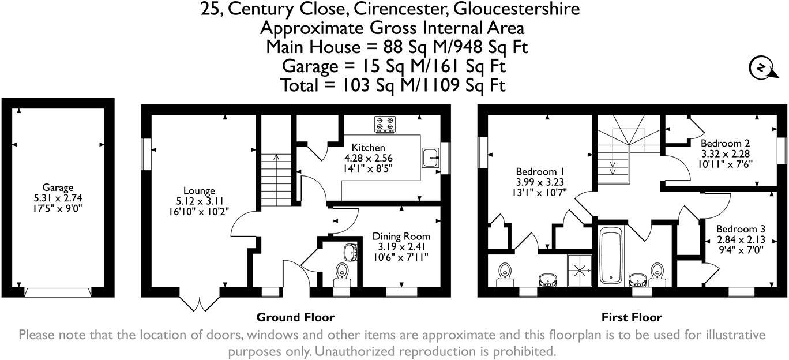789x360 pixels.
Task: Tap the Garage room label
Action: (58, 187)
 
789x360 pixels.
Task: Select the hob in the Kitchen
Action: (385, 124)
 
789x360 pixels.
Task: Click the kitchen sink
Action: (430, 157)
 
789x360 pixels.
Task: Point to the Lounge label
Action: (199, 191)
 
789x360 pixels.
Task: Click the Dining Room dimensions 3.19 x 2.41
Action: (401, 246)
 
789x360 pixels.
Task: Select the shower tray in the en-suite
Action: (579, 268)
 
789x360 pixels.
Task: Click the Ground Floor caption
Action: (295, 317)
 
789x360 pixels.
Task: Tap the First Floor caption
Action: (632, 317)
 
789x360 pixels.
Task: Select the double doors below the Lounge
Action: (200, 303)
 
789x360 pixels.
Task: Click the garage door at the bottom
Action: (58, 292)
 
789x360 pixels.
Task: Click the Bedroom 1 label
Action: (539, 172)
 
